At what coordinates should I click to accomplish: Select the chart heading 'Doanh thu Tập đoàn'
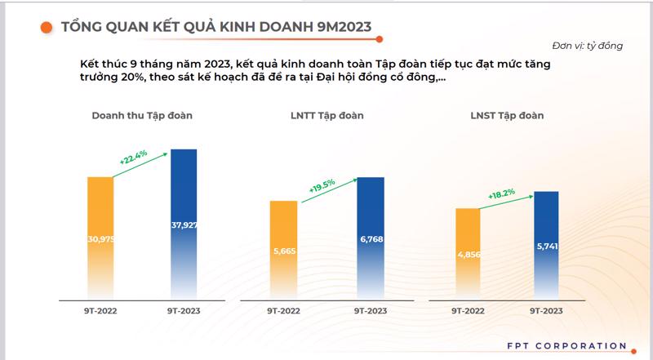tap(142, 116)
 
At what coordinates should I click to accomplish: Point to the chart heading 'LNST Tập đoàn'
tap(506, 116)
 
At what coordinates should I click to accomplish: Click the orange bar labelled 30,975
tap(100, 237)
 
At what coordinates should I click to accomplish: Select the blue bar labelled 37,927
tap(184, 224)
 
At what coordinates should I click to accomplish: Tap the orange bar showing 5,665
tap(284, 249)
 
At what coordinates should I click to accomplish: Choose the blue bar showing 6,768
tap(371, 238)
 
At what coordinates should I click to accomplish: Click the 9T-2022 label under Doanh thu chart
tap(100, 311)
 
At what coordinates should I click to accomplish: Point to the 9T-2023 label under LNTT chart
tap(371, 311)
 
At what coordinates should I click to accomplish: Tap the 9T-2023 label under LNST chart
tap(544, 311)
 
